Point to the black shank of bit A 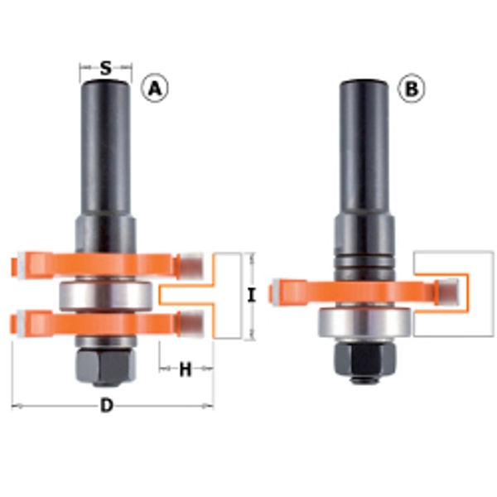click(x=104, y=149)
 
